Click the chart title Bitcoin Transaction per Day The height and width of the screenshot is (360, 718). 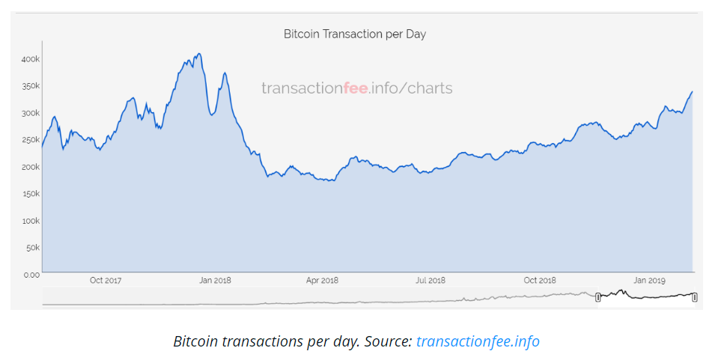(x=355, y=34)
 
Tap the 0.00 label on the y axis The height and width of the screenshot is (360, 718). (x=31, y=275)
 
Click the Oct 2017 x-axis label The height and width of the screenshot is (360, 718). (x=106, y=281)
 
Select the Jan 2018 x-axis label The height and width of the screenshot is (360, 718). (x=215, y=281)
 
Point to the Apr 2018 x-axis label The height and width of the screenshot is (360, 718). (x=323, y=281)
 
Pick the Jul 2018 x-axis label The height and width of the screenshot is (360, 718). (x=431, y=281)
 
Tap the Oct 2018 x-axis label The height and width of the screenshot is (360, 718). (x=540, y=281)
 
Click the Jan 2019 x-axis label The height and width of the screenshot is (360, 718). (x=649, y=281)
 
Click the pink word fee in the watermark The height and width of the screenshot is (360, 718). (x=355, y=88)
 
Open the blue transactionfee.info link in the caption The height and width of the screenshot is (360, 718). (x=478, y=342)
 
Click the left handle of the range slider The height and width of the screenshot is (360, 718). (x=598, y=297)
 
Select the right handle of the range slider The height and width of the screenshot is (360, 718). (x=694, y=297)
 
